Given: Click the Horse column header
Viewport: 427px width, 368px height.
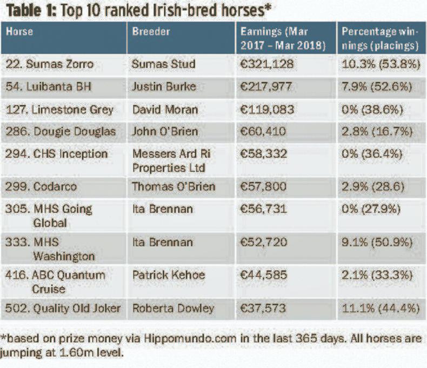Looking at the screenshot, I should pos(20,31).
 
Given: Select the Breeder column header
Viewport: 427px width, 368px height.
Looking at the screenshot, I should pos(151,31).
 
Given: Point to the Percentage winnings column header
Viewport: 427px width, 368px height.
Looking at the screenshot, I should pos(381,38).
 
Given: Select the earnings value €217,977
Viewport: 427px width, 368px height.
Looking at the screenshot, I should pos(267,87).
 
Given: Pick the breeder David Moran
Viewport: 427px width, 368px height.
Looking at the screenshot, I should pos(165,110).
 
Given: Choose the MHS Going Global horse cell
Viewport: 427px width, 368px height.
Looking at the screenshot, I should pos(49,216).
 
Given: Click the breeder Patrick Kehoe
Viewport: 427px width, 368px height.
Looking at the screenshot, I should pos(169,275).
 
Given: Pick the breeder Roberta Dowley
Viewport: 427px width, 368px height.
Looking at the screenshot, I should pos(173,309).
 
